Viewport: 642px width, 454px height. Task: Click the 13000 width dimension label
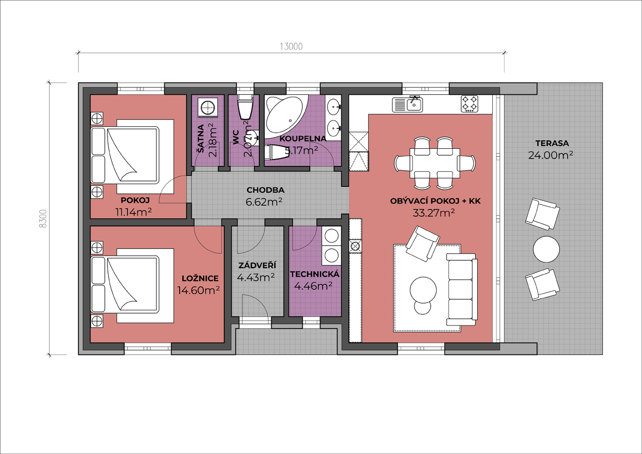click(291, 47)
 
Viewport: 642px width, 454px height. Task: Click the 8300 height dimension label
click(43, 218)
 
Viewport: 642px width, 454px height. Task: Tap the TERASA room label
click(552, 143)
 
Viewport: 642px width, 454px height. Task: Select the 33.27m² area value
click(434, 213)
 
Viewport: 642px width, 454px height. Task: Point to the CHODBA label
click(265, 190)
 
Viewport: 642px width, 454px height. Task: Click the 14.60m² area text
click(198, 290)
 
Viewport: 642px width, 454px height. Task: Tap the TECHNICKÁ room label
click(315, 274)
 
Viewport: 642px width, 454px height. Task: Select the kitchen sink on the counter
click(407, 104)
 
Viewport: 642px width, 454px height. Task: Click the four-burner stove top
click(470, 103)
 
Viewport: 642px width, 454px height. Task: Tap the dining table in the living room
click(434, 163)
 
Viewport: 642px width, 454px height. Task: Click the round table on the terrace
click(546, 249)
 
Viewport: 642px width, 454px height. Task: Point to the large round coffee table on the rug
click(423, 290)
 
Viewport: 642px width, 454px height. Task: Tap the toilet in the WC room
click(246, 107)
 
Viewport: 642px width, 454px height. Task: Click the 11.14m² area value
click(133, 212)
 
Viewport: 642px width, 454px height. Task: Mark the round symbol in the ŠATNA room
click(208, 108)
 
